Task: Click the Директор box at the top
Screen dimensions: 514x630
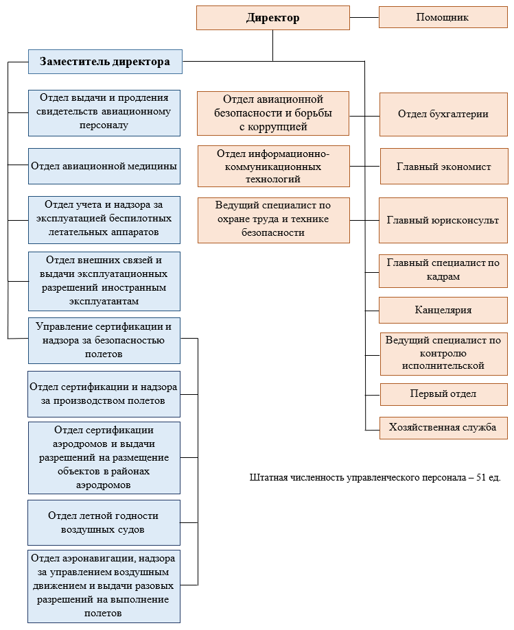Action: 273,18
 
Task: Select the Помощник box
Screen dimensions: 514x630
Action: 443,17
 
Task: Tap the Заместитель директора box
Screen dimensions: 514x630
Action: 105,62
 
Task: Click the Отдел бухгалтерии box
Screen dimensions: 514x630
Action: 443,114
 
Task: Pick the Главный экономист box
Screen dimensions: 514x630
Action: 444,167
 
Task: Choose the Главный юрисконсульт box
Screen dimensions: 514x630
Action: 443,220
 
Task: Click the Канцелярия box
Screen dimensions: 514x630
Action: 443,310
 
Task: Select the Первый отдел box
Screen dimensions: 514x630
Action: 443,394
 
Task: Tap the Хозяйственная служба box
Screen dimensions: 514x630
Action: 443,428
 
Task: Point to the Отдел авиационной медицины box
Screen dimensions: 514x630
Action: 104,167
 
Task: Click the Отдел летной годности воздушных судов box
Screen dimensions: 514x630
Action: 104,523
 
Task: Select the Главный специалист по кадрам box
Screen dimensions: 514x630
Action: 443,271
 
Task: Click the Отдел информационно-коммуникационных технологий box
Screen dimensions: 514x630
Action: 274,167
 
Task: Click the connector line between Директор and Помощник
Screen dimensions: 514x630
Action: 364,18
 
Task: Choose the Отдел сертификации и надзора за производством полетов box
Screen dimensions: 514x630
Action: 104,394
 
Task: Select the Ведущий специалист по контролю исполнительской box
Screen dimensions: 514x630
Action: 444,354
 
